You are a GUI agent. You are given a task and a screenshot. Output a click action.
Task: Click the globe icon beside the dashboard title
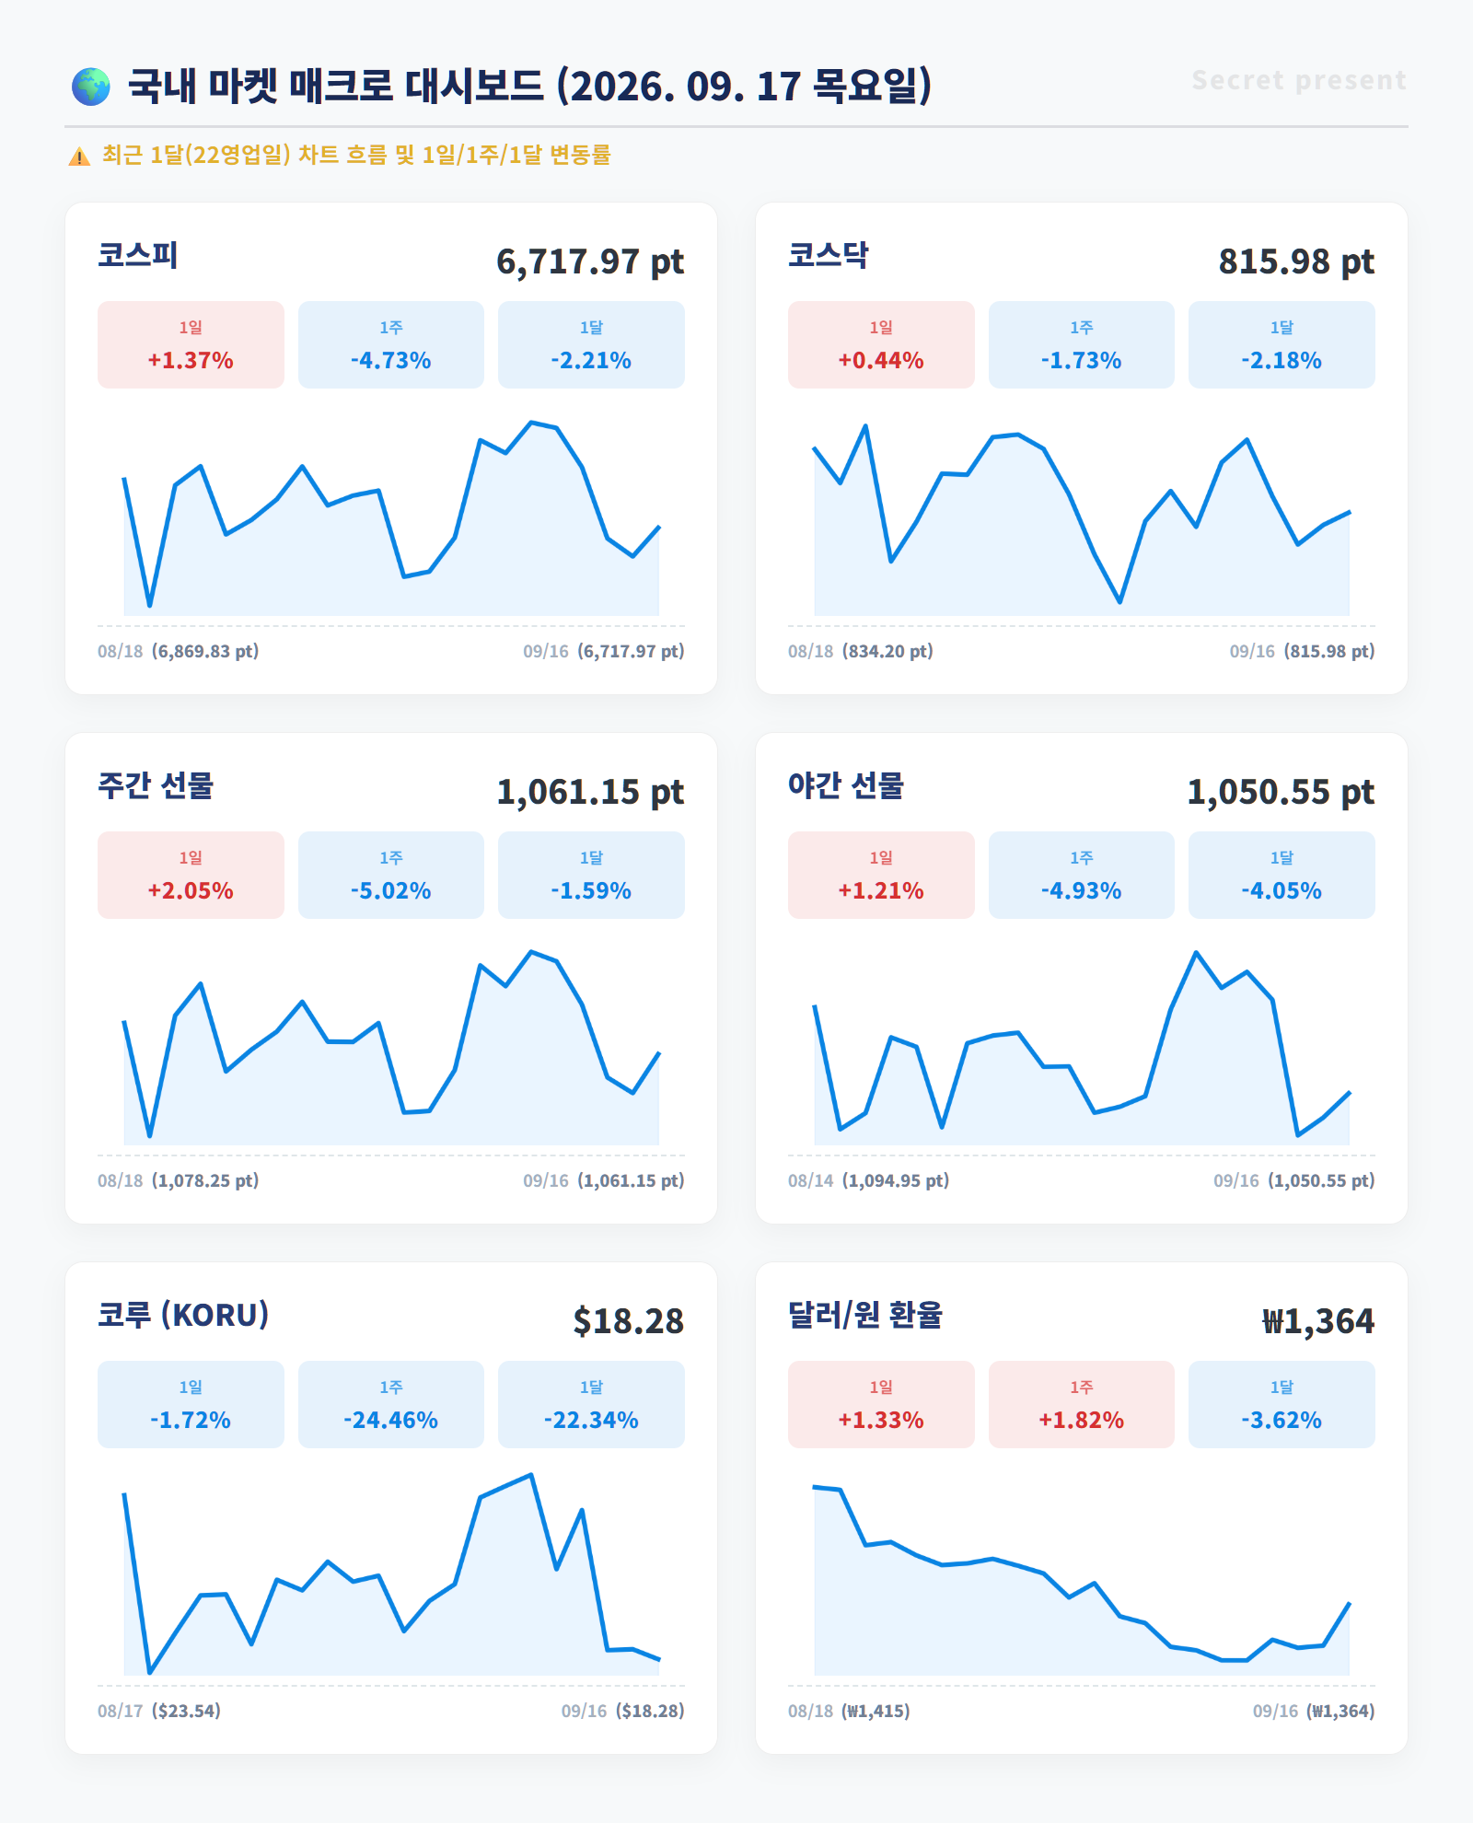[x=91, y=87]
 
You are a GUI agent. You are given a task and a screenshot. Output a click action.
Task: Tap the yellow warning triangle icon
[x=79, y=157]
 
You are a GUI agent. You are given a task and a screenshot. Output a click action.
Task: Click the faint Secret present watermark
[x=1299, y=80]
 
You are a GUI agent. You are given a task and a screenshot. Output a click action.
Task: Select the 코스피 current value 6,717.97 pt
[x=590, y=261]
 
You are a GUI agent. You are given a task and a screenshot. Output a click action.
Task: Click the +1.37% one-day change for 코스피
[x=191, y=360]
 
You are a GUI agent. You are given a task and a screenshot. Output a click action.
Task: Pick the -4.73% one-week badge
[x=391, y=344]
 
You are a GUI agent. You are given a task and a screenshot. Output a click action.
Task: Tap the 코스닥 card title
[x=829, y=255]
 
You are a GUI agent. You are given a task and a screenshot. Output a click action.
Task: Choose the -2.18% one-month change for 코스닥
[x=1282, y=360]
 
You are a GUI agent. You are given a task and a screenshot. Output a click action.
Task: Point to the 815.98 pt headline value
[x=1296, y=261]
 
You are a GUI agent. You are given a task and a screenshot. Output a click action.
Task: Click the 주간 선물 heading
[x=156, y=785]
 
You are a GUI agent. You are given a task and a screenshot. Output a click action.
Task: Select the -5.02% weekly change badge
[x=391, y=875]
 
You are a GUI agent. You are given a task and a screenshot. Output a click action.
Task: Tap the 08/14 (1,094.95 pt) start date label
[x=868, y=1180]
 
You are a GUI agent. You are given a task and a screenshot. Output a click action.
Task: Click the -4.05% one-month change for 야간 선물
[x=1282, y=890]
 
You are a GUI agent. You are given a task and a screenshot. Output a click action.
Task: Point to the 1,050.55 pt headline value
[x=1281, y=792]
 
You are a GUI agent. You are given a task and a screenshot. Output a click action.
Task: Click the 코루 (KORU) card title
[x=183, y=1315]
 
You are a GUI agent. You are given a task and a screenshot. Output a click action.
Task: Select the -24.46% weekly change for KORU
[x=391, y=1420]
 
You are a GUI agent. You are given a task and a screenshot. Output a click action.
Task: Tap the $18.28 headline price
[x=629, y=1321]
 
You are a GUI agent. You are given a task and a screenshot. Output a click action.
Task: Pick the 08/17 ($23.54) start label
[x=159, y=1711]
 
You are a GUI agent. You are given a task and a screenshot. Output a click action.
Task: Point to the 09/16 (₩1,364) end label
[x=1314, y=1711]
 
